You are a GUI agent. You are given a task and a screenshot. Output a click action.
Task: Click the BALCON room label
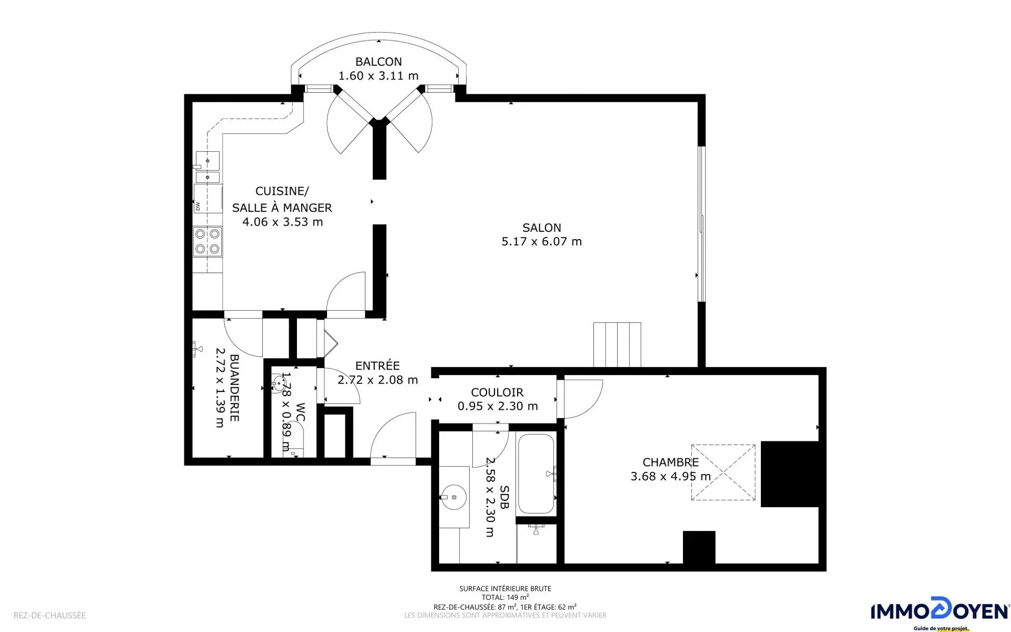[378, 62]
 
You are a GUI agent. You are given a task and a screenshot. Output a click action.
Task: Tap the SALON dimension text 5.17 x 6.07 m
[541, 242]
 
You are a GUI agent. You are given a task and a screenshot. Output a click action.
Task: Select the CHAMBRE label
[670, 462]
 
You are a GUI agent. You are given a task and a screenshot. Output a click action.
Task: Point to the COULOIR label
[497, 392]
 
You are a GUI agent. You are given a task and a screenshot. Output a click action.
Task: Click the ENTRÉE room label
[377, 366]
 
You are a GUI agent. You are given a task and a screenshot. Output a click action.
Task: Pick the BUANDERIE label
[235, 388]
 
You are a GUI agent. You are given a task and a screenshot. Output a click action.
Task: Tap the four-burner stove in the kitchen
[207, 241]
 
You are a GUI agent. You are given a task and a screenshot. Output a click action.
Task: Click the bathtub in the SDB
[536, 474]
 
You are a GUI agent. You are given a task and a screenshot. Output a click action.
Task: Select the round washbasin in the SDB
[453, 497]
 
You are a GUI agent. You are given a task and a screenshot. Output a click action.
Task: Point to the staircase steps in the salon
[617, 344]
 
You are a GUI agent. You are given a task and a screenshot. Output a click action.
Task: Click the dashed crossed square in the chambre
[723, 472]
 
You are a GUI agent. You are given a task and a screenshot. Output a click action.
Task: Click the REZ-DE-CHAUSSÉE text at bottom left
[49, 615]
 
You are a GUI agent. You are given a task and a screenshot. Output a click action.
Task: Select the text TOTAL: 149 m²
[505, 597]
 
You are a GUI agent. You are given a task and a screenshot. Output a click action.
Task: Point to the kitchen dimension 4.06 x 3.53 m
[282, 222]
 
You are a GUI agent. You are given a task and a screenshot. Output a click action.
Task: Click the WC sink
[279, 383]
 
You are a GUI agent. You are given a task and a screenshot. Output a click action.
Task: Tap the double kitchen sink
[207, 167]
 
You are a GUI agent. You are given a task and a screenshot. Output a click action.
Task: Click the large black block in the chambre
[789, 474]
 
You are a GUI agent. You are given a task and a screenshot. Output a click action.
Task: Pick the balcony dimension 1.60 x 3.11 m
[378, 76]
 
